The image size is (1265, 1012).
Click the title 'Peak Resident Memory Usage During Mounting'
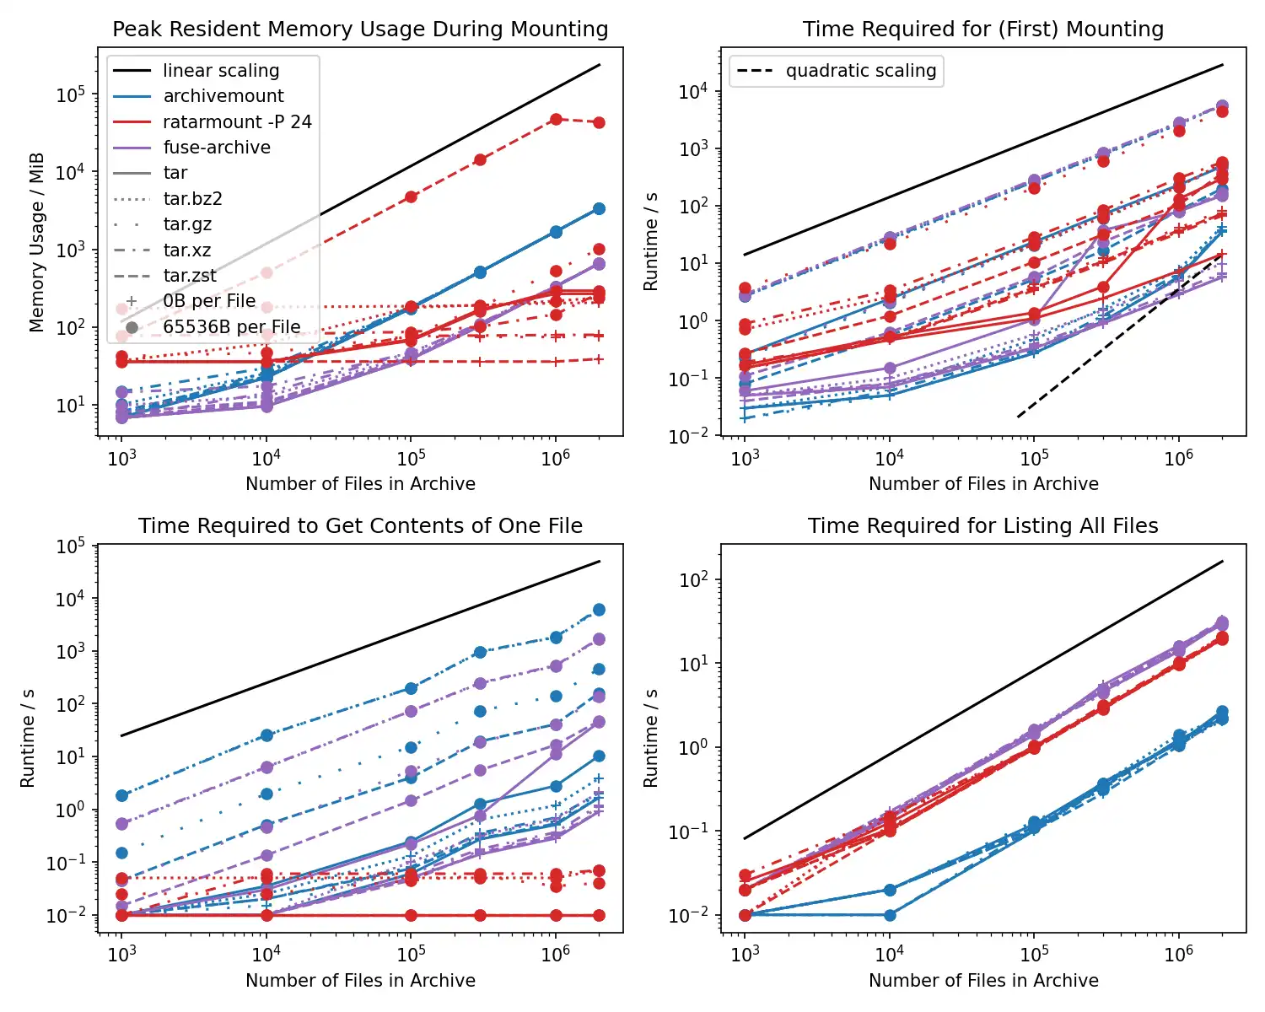point(360,30)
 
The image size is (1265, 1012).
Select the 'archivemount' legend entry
point(223,96)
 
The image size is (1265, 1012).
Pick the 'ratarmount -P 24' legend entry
point(237,122)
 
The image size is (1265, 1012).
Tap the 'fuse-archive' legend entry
point(217,148)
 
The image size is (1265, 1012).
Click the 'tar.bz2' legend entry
point(192,199)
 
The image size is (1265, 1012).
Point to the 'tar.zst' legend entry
point(190,276)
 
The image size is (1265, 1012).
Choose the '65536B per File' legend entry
point(231,327)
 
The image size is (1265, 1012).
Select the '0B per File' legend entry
point(209,301)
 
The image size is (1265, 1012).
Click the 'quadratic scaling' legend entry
point(860,71)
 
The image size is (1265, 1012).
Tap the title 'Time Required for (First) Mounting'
point(982,30)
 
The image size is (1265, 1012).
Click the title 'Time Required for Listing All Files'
point(982,526)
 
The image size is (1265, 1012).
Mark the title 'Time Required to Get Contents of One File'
point(360,526)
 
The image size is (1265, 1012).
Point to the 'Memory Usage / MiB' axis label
point(36,243)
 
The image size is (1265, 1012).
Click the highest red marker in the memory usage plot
point(556,120)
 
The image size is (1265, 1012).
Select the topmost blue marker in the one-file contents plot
point(599,610)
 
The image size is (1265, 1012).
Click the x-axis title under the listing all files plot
point(983,981)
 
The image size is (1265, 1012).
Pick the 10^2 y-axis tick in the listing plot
point(693,580)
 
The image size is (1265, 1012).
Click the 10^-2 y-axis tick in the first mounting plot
point(693,436)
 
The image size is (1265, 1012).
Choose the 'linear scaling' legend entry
point(220,71)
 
